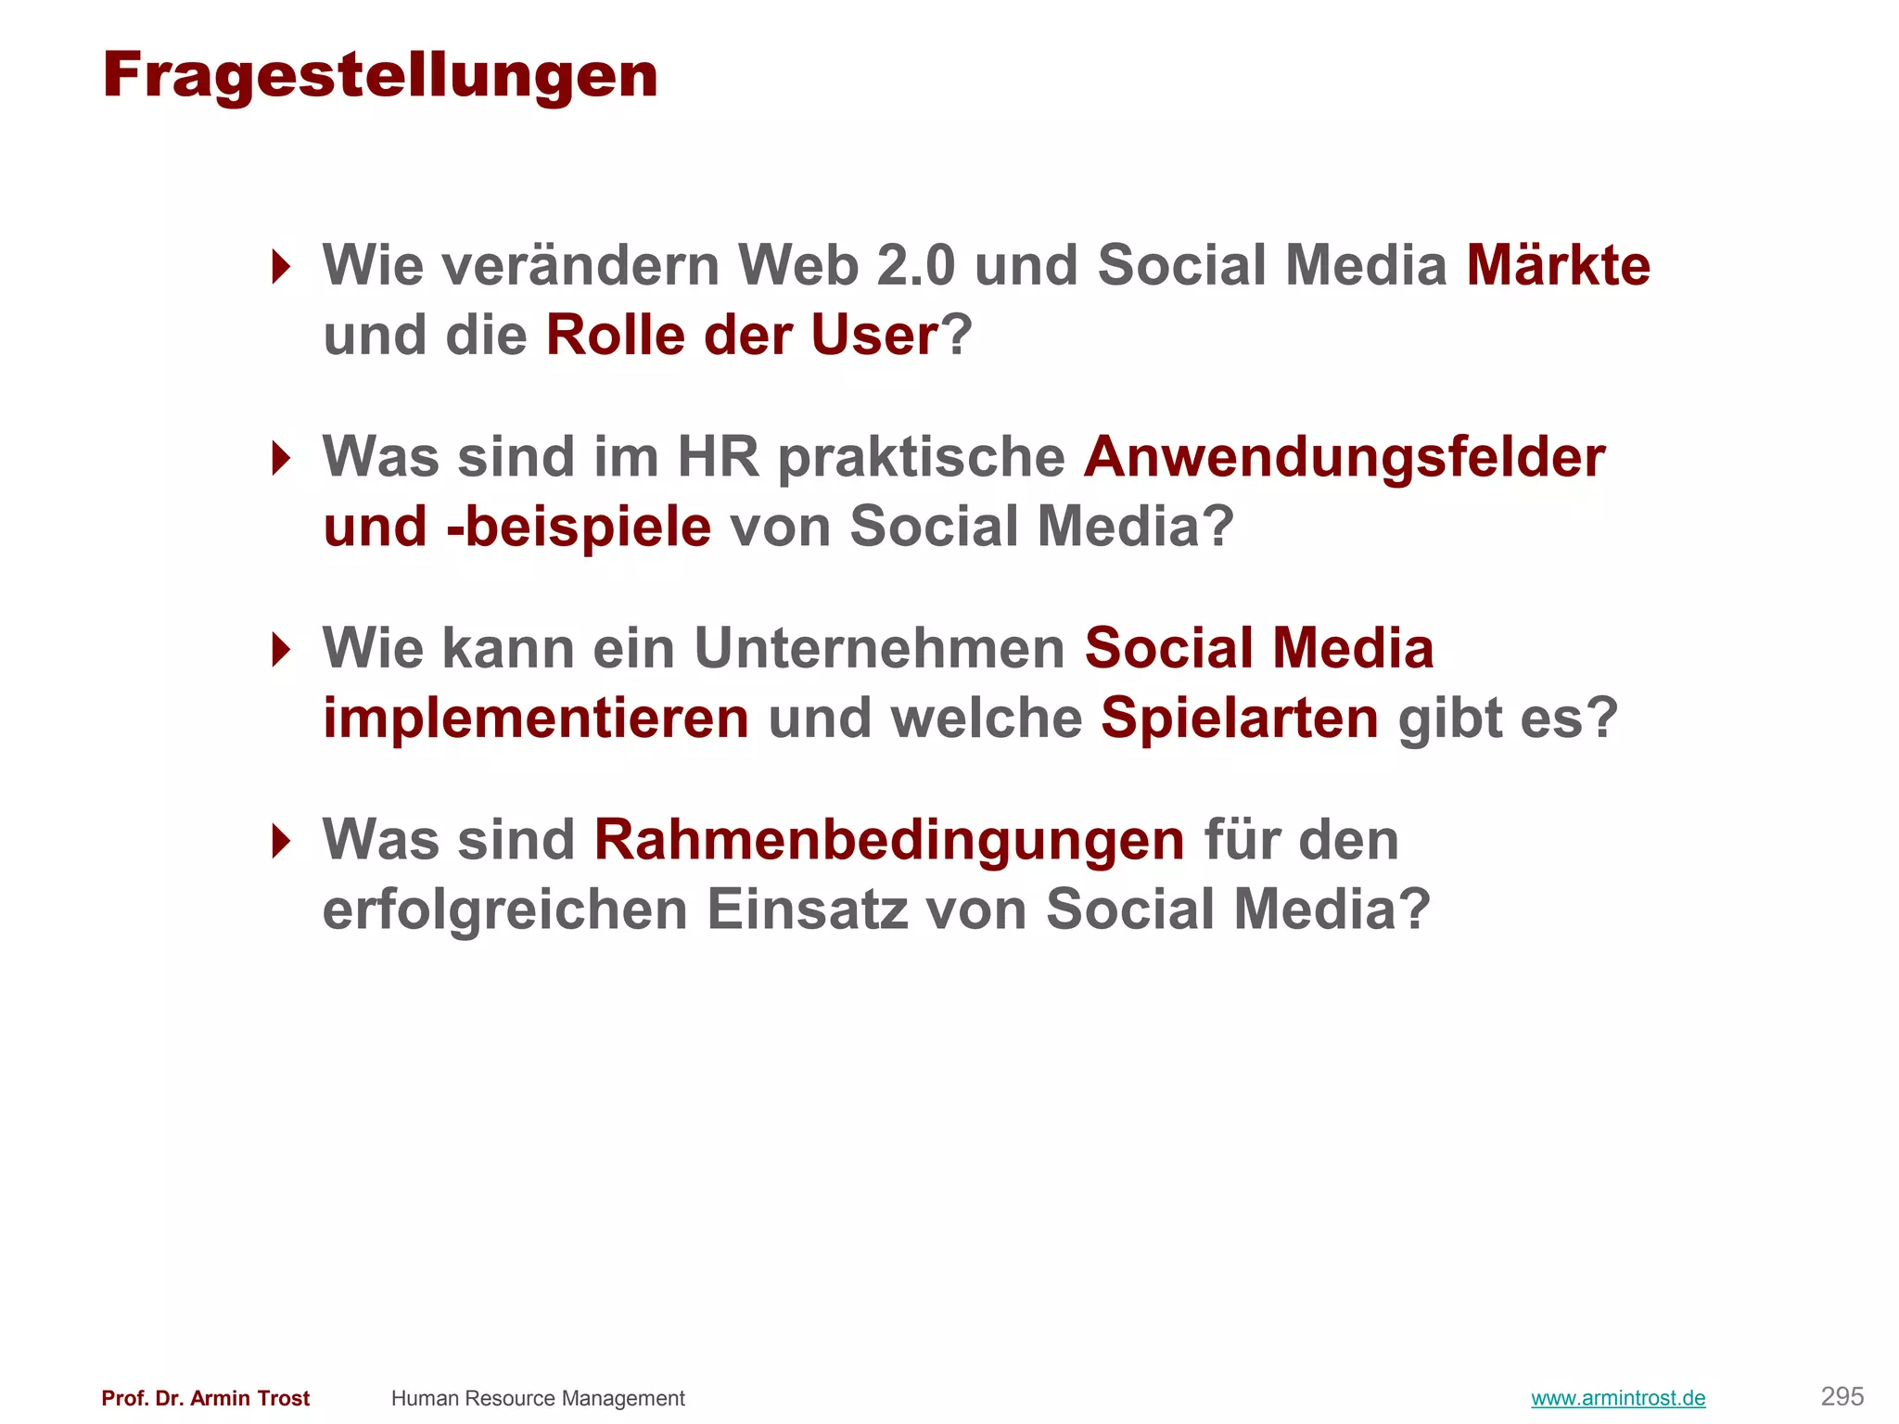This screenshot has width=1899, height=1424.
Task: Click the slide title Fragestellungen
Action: tap(380, 76)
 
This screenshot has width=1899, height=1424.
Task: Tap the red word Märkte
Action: tap(1558, 266)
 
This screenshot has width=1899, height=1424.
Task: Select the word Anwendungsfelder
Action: tap(1345, 458)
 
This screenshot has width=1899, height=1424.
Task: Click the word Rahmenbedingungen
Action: tap(889, 841)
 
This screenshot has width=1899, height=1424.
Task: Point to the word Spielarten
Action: tap(1240, 718)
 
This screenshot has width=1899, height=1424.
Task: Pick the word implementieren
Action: tap(536, 718)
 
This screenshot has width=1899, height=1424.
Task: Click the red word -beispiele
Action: tap(579, 528)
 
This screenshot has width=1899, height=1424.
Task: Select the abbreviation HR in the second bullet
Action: tap(718, 458)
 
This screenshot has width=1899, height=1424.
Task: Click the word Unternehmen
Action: tap(879, 649)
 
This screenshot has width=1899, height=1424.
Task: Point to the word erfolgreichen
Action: tap(505, 910)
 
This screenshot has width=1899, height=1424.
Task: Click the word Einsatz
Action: tap(807, 910)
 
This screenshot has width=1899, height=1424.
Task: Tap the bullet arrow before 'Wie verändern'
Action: tap(281, 267)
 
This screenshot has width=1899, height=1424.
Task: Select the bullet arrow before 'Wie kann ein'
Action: tap(281, 649)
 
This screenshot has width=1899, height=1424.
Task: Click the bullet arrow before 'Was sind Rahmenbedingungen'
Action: tap(281, 841)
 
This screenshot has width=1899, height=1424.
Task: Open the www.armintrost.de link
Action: tap(1618, 1398)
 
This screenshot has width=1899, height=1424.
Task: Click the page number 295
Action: tap(1842, 1396)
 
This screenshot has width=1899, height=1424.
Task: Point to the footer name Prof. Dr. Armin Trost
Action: tap(206, 1398)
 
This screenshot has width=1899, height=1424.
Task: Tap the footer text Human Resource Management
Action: tap(538, 1398)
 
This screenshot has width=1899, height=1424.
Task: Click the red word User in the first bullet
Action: tap(874, 336)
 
